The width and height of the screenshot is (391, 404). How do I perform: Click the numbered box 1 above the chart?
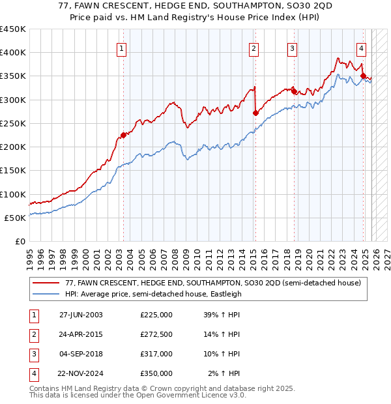pos(123,48)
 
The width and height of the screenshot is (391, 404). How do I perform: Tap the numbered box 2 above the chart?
pos(253,48)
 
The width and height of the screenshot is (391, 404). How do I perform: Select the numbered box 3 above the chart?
pos(293,48)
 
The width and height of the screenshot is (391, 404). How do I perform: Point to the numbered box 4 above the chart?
pos(361,48)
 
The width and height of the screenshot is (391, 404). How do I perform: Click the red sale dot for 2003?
pos(123,136)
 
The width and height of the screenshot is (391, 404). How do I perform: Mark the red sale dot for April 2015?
pos(255,113)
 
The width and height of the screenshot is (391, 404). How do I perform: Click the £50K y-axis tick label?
pos(16,218)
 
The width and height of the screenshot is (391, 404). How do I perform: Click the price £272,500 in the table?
pos(156,335)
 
